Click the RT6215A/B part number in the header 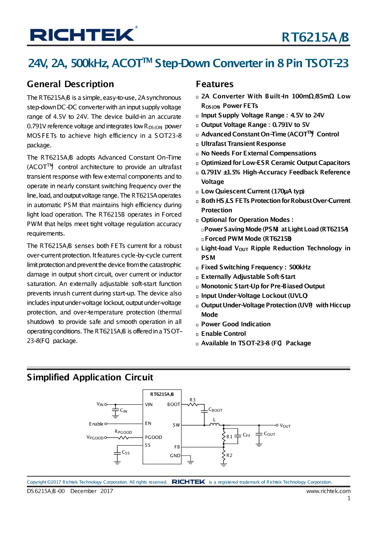coord(315,37)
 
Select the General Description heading coord(70,84)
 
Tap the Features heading coord(215,84)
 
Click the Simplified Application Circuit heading coord(90,377)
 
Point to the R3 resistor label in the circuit coord(193,400)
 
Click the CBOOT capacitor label coord(215,410)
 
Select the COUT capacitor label coord(269,434)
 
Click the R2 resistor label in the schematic coord(229,455)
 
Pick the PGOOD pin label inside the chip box coord(153,437)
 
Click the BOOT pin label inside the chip coord(174,404)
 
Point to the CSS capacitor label coord(126,452)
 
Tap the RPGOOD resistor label coord(123,432)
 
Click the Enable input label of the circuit coord(96,424)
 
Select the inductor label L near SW coord(214,420)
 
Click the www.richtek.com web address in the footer coord(328,491)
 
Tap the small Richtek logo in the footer coord(188,482)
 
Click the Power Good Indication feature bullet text coord(236,324)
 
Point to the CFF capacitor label coord(246,435)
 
